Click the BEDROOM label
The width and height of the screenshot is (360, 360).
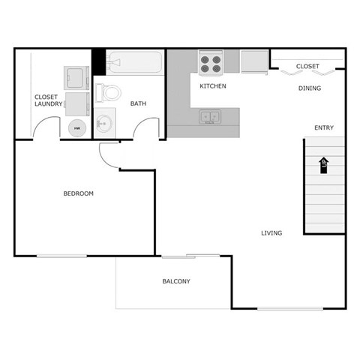click(78, 193)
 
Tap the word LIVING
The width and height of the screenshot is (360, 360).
click(271, 233)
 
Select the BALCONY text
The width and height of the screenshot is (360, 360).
click(176, 282)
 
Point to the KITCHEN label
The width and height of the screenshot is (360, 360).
click(213, 86)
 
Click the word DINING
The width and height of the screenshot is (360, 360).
click(310, 88)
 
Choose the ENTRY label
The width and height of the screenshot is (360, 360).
click(324, 127)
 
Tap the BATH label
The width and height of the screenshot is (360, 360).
click(139, 103)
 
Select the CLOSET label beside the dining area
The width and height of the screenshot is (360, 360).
click(307, 67)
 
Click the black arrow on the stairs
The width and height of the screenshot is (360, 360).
click(324, 165)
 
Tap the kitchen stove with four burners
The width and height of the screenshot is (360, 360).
click(211, 62)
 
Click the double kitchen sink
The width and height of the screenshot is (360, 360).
click(210, 117)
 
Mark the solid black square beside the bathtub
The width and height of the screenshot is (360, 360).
click(98, 61)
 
